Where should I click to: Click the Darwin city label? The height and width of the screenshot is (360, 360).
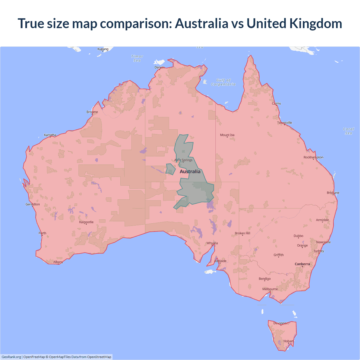tap(159, 67)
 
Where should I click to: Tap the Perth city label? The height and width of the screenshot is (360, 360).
tap(42, 233)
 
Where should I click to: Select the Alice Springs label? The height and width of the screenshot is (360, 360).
tap(183, 160)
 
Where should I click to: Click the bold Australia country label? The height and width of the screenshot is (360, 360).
tap(190, 172)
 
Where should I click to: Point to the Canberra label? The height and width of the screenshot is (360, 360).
tap(302, 264)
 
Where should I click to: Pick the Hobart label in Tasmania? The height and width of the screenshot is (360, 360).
tap(289, 341)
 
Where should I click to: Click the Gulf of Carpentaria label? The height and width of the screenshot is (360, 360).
tap(223, 82)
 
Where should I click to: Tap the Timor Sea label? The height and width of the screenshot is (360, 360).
tap(137, 58)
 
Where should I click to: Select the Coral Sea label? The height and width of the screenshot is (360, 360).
tap(348, 131)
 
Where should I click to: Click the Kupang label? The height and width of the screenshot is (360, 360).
tap(103, 49)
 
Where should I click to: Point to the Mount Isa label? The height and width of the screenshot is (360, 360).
tap(227, 135)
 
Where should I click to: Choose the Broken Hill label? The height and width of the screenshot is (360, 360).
tap(242, 233)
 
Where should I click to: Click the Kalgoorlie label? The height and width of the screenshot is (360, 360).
tap(86, 222)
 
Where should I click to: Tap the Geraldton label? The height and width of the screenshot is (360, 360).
tap(33, 204)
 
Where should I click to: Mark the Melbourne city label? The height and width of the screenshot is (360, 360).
tap(270, 289)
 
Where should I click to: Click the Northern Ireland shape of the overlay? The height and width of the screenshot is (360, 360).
tap(170, 169)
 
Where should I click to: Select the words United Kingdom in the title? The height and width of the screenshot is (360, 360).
tap(294, 23)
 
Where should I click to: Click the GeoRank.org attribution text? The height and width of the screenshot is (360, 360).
tap(11, 357)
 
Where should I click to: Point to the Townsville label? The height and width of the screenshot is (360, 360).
tap(285, 123)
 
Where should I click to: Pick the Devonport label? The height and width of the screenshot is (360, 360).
tap(281, 323)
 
